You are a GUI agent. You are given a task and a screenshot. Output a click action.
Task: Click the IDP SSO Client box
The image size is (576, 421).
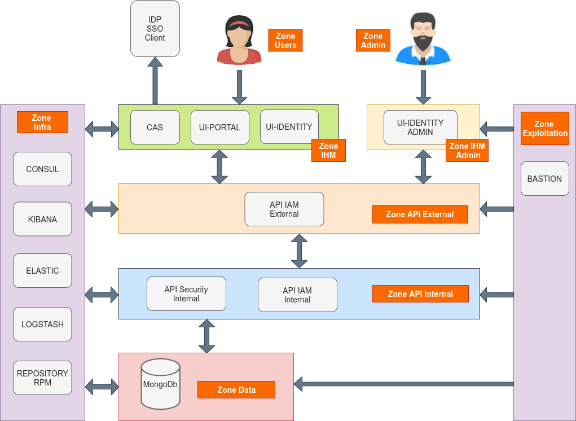coord(155,29)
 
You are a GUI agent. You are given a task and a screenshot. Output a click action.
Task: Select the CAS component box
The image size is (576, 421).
coord(155,127)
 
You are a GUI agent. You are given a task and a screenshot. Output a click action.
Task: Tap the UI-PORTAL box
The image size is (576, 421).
coord(219,127)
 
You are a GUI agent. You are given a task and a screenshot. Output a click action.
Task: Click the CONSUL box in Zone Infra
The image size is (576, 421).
coord(42,169)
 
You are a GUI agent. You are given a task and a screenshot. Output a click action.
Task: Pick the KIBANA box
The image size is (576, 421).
coord(42,219)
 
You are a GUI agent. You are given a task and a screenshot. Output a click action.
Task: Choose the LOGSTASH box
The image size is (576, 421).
coord(42,324)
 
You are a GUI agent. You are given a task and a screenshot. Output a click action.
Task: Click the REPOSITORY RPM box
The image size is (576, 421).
coord(42,378)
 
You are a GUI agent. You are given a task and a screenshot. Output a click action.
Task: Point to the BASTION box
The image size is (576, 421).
coord(544,179)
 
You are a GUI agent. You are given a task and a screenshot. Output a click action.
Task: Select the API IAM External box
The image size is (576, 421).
coord(284,209)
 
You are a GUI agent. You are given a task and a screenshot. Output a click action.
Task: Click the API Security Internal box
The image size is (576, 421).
coord(186,293)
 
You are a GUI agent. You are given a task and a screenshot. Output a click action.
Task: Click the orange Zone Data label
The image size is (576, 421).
coord(236,389)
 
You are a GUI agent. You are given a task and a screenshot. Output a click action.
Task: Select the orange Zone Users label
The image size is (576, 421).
coord(285,41)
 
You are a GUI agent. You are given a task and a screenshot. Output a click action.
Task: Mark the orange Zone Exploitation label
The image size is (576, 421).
coord(544,129)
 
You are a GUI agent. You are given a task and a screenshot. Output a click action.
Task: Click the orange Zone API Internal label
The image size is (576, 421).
coord(420,293)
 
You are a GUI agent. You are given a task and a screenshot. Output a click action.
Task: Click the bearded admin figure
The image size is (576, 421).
coord(423,40)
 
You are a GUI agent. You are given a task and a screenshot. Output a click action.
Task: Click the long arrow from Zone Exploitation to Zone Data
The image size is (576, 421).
coord(403,384)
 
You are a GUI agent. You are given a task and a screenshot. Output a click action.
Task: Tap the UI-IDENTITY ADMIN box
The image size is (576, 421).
coord(420,127)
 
